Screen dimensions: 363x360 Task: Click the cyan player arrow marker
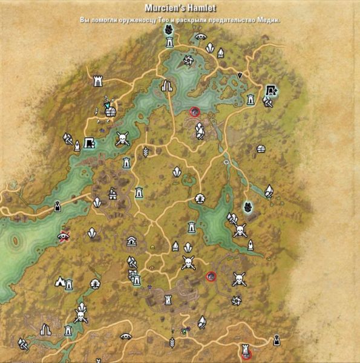(x=106, y=105)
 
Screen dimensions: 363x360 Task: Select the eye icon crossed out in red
(x=64, y=235)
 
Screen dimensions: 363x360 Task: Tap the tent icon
(x=60, y=281)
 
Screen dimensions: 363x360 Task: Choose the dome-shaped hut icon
(x=261, y=148)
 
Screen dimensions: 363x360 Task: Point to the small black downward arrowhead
(x=240, y=75)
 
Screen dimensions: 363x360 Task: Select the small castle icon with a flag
(x=112, y=193)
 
